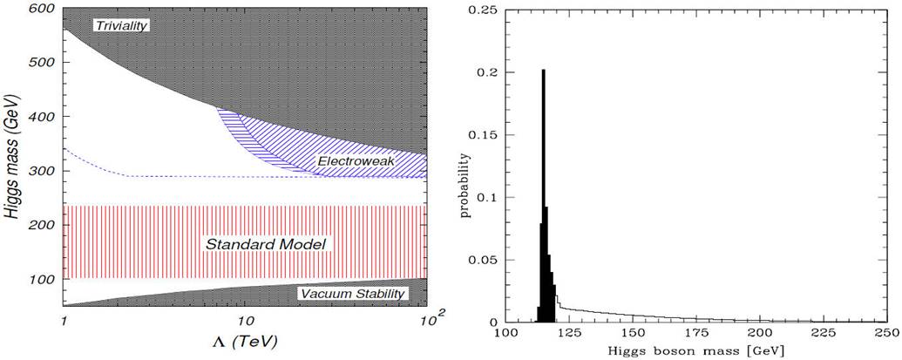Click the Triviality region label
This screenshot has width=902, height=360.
(122, 25)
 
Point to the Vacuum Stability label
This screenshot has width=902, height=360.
(351, 294)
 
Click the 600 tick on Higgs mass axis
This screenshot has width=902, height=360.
(42, 9)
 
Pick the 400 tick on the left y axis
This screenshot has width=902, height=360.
(42, 117)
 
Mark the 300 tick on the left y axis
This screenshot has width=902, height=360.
(42, 171)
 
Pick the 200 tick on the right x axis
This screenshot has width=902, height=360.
(759, 335)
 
